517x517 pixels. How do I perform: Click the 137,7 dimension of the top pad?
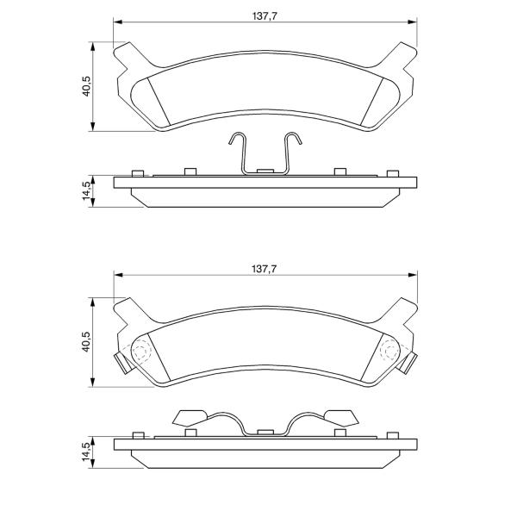click(x=265, y=16)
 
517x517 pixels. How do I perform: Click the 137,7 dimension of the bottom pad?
click(x=265, y=269)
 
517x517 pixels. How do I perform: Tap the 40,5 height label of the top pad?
click(x=86, y=86)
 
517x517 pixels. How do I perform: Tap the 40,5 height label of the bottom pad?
click(x=86, y=342)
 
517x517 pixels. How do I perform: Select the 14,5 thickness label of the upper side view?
click(x=86, y=190)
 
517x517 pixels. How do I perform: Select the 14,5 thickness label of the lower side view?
click(x=86, y=452)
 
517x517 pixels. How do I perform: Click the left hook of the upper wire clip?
click(x=237, y=139)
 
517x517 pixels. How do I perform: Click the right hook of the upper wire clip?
click(x=294, y=139)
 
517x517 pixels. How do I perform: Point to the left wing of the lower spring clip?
click(x=190, y=418)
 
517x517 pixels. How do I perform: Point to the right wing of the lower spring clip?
click(x=341, y=418)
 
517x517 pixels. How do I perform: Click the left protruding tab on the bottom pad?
click(x=123, y=363)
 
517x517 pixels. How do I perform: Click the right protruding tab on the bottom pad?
click(x=408, y=363)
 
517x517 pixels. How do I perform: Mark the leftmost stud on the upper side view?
click(x=138, y=174)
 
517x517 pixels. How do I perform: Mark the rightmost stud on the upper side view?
click(x=393, y=174)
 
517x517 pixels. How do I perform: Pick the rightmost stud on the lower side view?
click(x=393, y=435)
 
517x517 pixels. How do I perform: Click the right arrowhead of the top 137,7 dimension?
click(x=413, y=22)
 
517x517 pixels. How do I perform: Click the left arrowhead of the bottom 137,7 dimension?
click(x=118, y=275)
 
